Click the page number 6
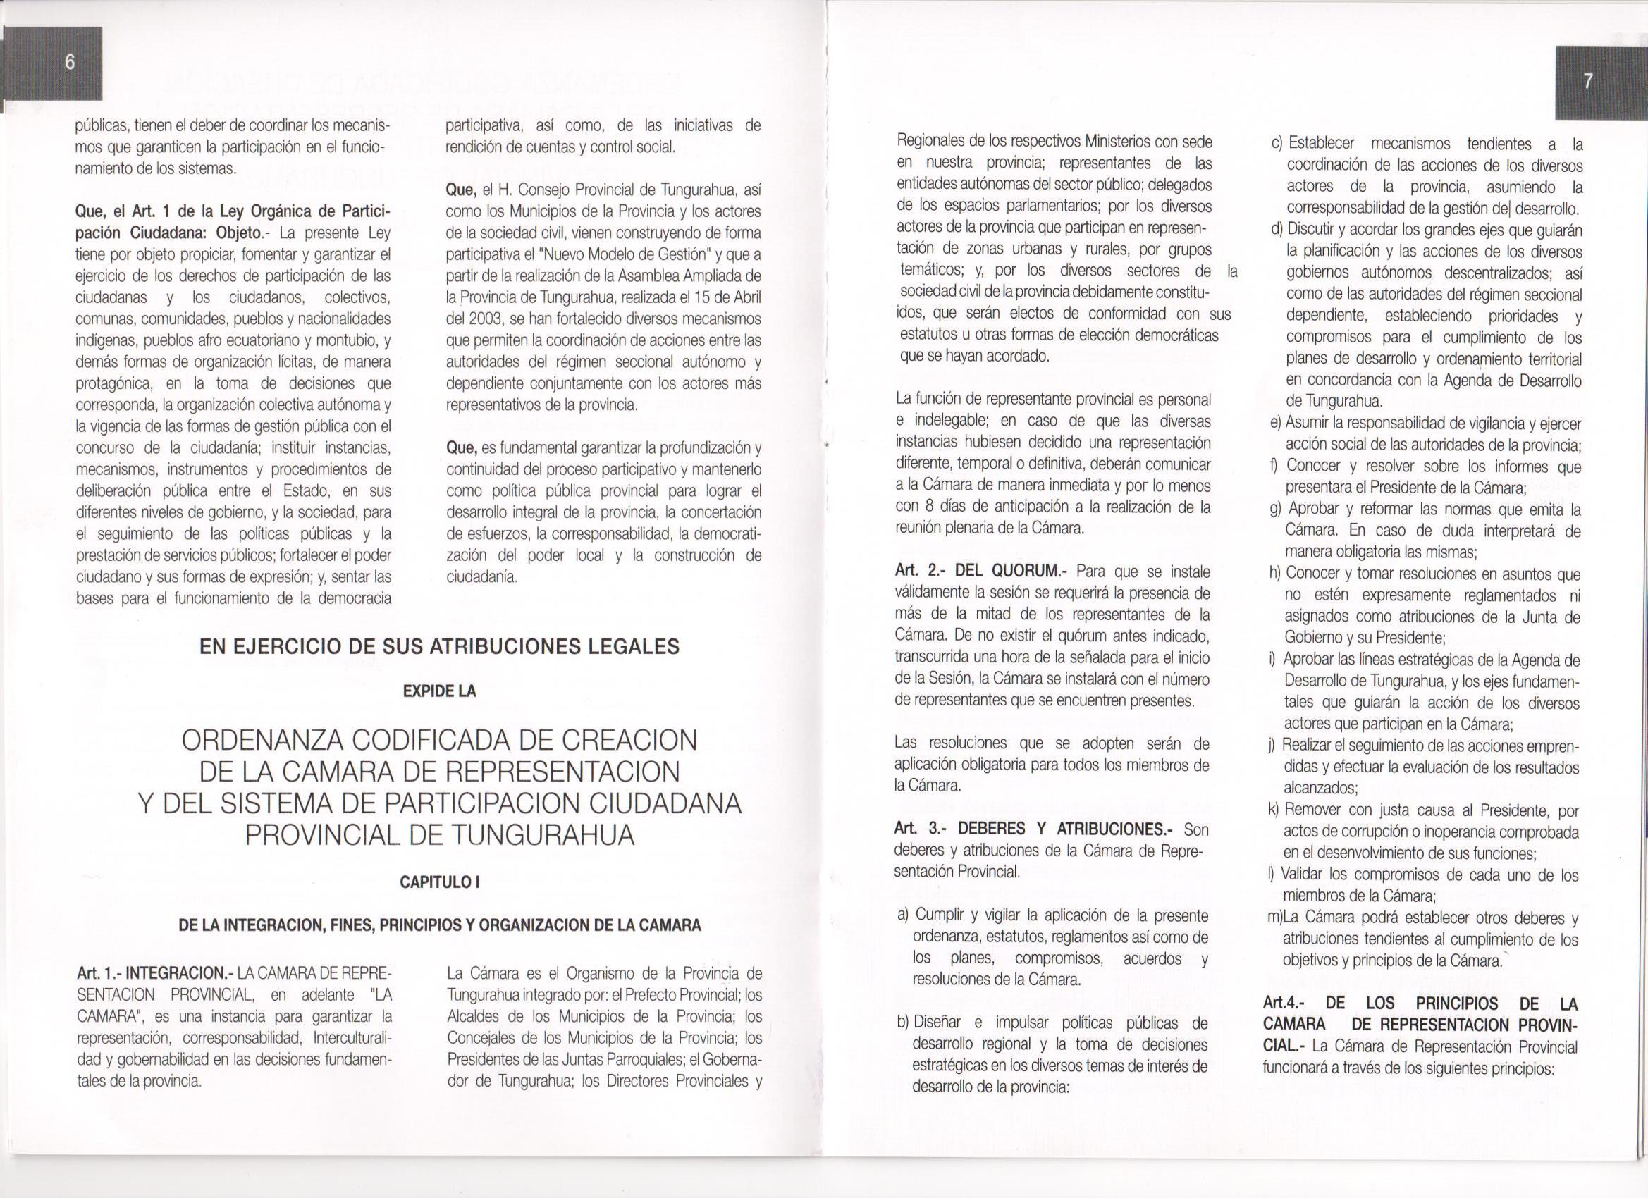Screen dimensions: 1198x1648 pyautogui.click(x=70, y=63)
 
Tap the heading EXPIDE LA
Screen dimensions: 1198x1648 pyautogui.click(x=440, y=691)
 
